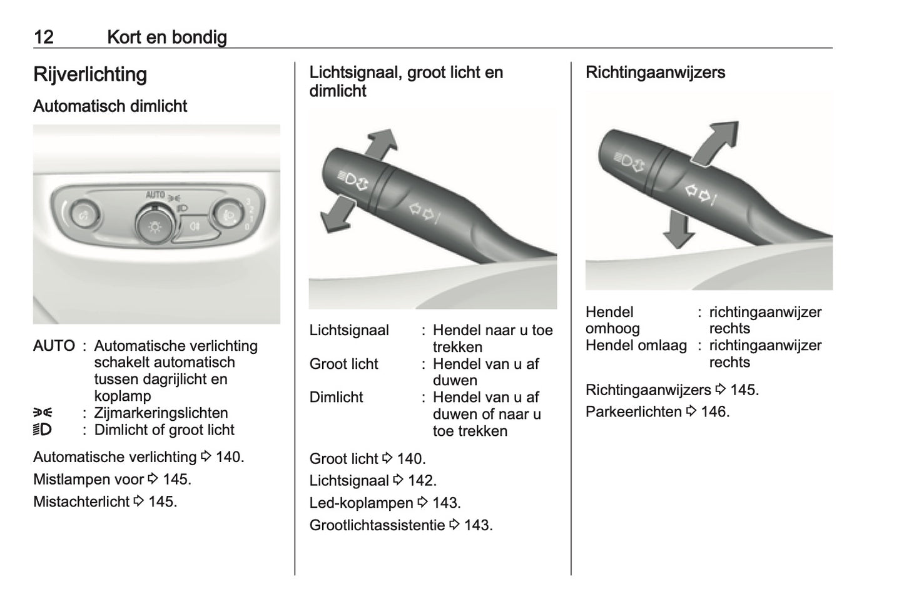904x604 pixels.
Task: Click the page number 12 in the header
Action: (x=44, y=37)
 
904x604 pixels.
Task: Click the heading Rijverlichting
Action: (x=90, y=74)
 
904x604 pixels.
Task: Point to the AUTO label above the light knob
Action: (x=155, y=194)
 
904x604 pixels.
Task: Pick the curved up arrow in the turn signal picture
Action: (x=714, y=143)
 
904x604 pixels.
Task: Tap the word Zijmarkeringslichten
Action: (x=161, y=413)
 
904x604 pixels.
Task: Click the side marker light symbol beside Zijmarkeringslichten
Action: (x=43, y=412)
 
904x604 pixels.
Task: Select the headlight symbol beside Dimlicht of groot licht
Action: (x=43, y=430)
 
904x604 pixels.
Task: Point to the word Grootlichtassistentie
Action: (x=377, y=525)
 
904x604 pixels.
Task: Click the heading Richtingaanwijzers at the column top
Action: (x=655, y=73)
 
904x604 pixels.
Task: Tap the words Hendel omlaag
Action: (x=636, y=345)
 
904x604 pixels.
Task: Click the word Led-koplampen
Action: (x=361, y=503)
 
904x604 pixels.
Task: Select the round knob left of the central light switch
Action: (x=84, y=214)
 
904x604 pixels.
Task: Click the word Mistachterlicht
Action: (x=81, y=501)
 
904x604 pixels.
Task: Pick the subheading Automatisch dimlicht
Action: (x=110, y=106)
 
